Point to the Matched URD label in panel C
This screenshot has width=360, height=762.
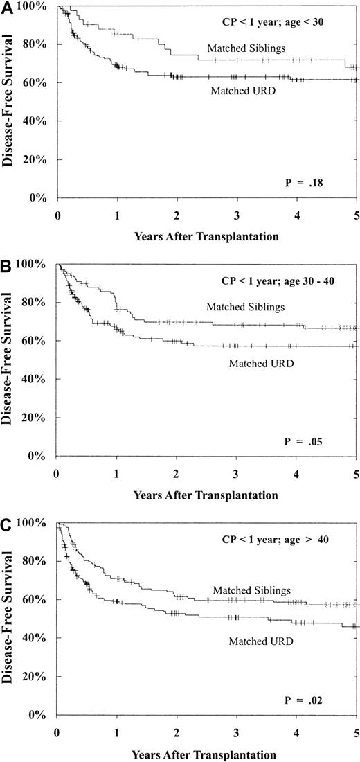(x=260, y=641)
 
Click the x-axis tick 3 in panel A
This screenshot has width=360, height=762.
(x=237, y=215)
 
